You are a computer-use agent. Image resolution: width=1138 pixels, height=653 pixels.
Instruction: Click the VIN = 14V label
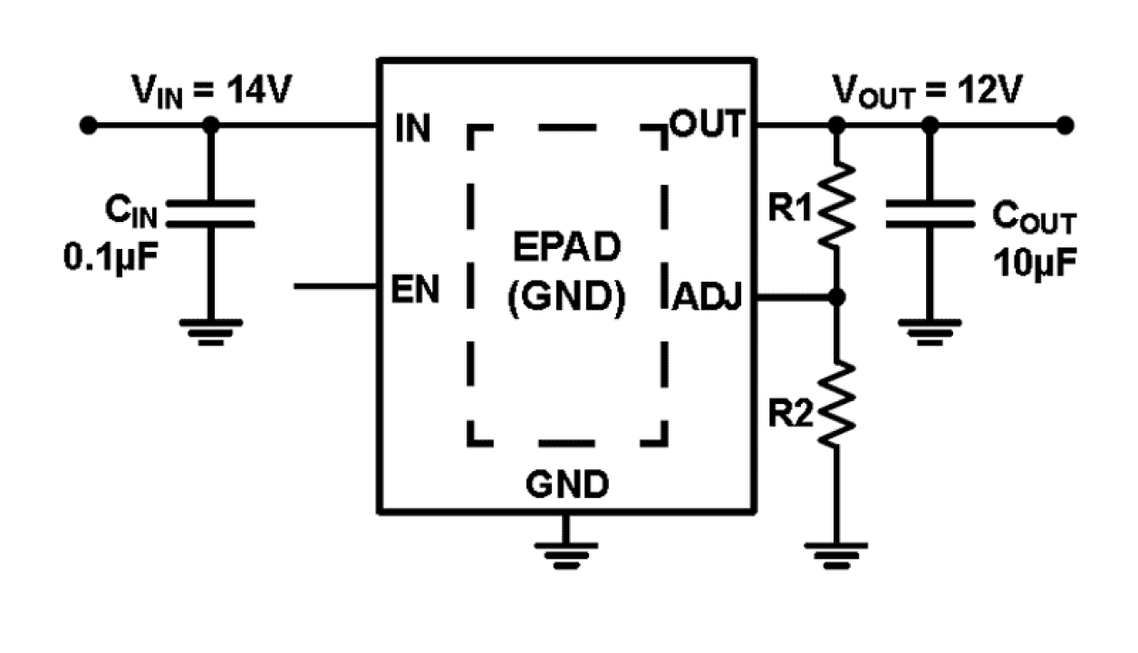click(x=211, y=90)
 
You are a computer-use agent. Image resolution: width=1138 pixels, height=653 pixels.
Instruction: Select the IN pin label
click(x=413, y=130)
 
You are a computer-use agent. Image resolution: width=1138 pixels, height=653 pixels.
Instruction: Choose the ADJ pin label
click(x=707, y=296)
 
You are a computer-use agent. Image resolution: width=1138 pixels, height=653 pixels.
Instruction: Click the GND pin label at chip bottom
click(x=567, y=485)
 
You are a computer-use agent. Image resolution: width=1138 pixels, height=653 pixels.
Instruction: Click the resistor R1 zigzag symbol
click(x=837, y=206)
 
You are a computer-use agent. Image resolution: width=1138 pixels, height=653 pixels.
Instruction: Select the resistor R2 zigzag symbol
click(x=837, y=405)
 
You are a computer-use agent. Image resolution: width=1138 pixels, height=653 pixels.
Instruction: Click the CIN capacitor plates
click(x=210, y=214)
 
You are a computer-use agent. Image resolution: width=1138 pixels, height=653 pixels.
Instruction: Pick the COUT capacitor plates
click(x=928, y=214)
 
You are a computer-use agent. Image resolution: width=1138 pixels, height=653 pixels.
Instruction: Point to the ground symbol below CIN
click(x=210, y=330)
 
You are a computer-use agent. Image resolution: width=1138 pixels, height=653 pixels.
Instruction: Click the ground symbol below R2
click(x=837, y=552)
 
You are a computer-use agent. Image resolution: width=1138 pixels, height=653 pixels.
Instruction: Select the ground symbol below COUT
click(x=928, y=330)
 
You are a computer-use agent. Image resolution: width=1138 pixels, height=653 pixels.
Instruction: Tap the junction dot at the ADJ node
click(x=837, y=296)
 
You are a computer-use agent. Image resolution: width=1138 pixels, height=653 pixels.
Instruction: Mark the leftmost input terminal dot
click(x=87, y=126)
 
